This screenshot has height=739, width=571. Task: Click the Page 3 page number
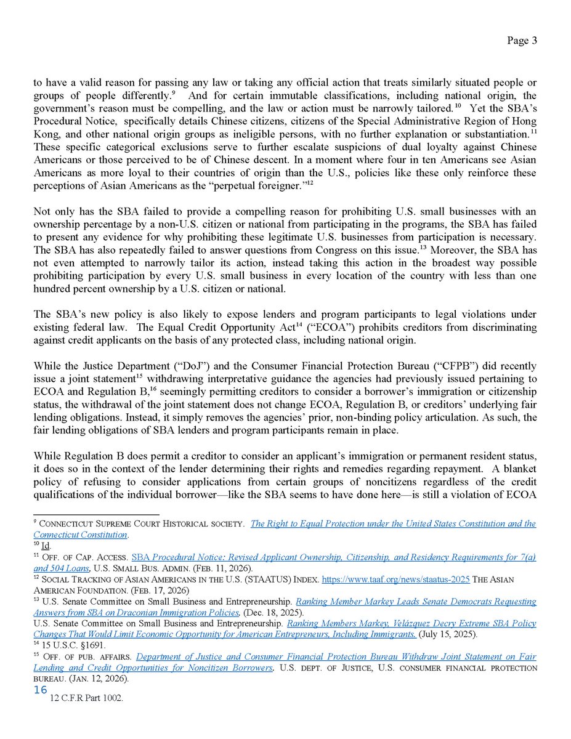tap(522, 41)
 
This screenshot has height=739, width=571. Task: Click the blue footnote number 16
tap(41, 690)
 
